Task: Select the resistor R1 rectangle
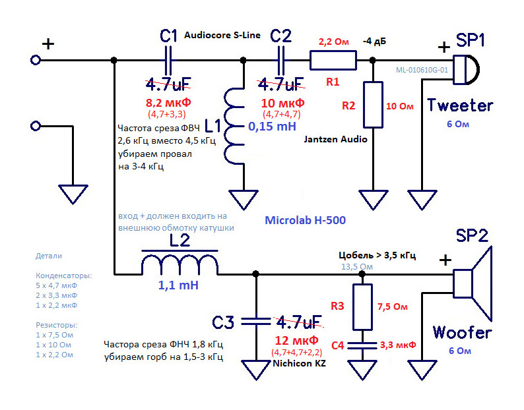pos(333,61)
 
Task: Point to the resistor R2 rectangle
pos(373,105)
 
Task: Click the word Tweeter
pos(460,105)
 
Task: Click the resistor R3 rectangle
pos(362,307)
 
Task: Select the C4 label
pos(337,344)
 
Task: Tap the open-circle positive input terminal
pos(36,60)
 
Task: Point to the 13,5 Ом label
pos(356,267)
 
